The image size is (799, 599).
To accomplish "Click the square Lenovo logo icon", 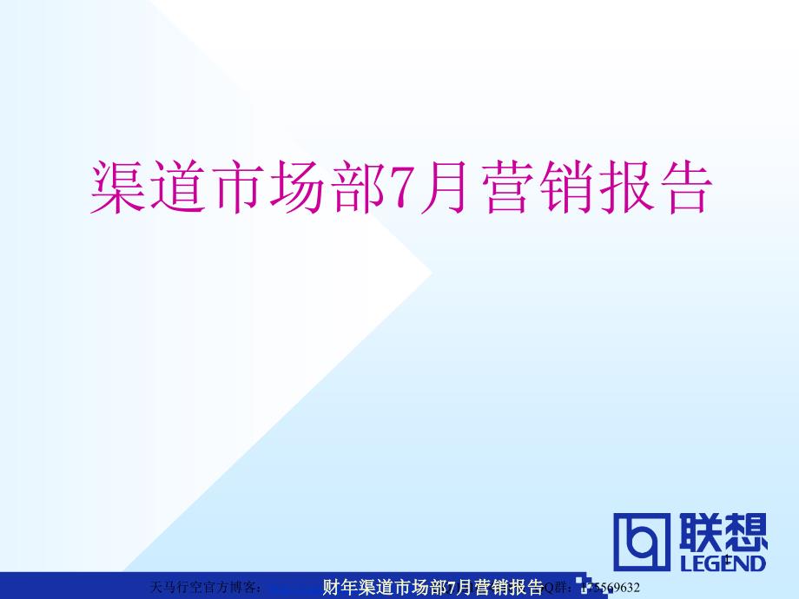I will pos(643,543).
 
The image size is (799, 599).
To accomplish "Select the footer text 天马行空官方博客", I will pos(203,587).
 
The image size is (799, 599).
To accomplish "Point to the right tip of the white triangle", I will pos(431,273).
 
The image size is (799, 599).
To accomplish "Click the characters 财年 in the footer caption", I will pos(335,586).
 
